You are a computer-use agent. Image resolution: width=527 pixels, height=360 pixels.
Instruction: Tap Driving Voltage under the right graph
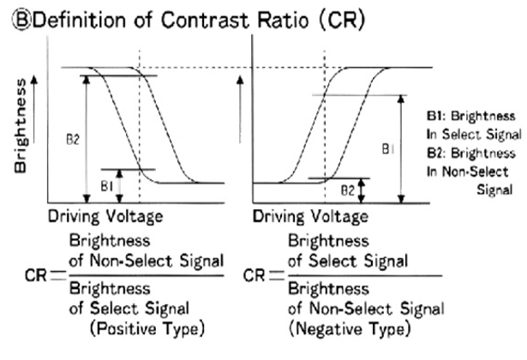[x=314, y=217]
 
